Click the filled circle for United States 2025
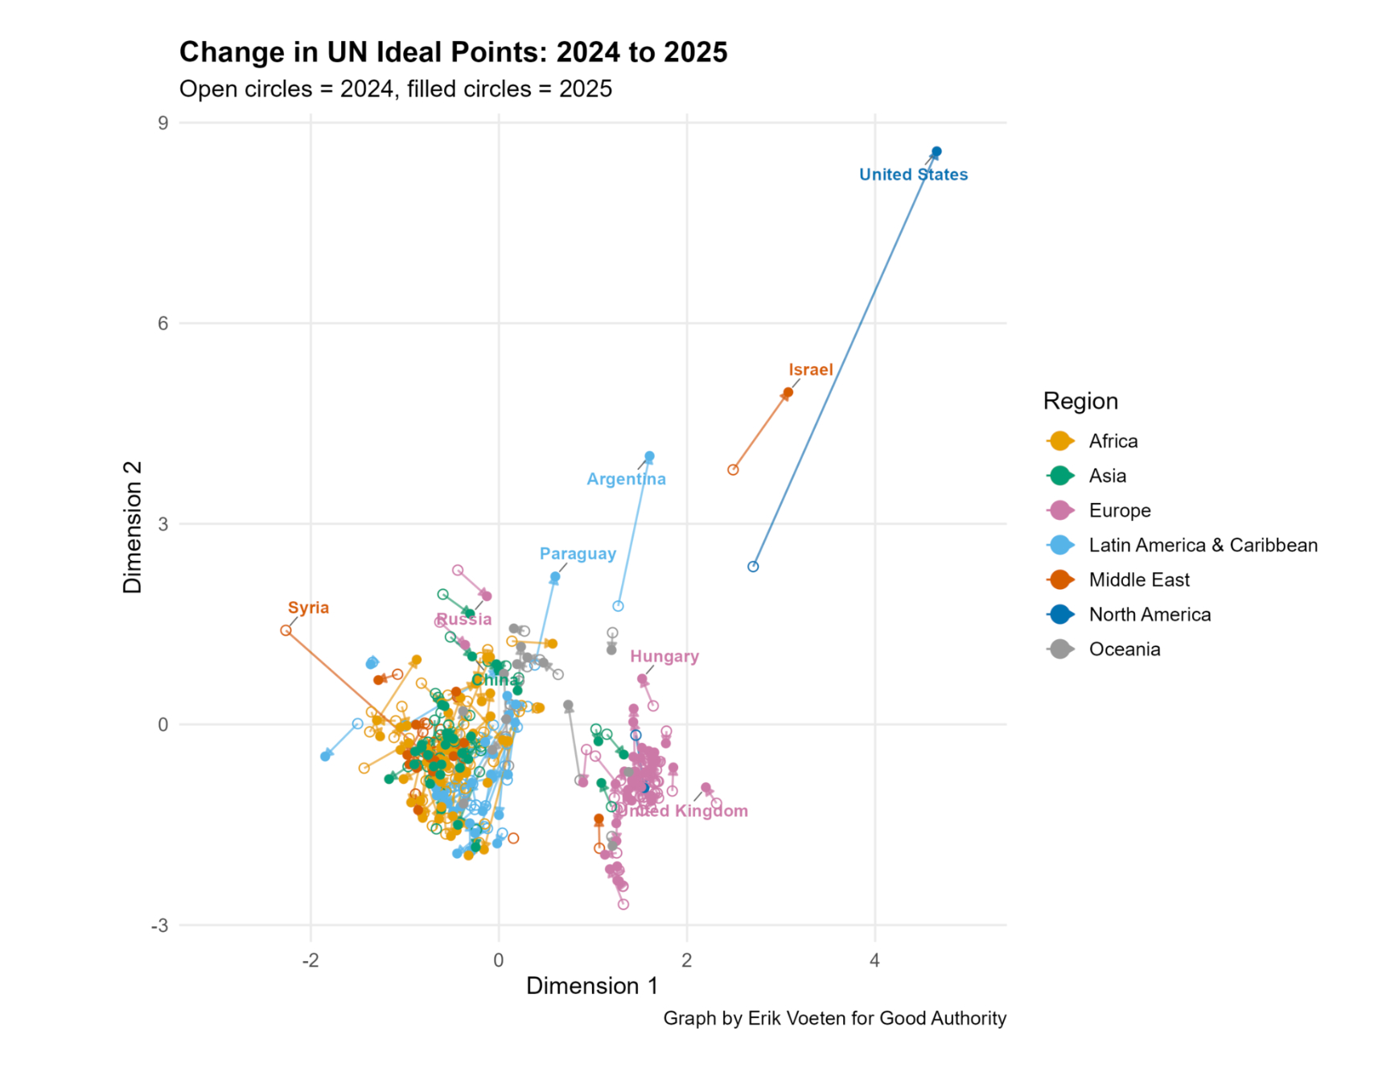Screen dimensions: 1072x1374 (936, 152)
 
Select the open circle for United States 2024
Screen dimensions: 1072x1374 (753, 567)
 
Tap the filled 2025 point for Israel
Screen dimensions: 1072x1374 (788, 393)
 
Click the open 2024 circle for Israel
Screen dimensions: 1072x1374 (733, 470)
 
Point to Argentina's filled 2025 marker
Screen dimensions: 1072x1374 (649, 456)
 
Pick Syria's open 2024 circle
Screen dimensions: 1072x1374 (286, 630)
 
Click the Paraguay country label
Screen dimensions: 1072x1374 (578, 554)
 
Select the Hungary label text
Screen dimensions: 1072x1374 (664, 657)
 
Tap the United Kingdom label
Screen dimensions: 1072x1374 (684, 811)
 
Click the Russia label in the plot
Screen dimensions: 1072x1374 (464, 620)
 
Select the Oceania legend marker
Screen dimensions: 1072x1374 (1061, 649)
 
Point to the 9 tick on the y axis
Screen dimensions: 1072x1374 (163, 123)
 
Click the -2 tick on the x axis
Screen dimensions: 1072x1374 (311, 960)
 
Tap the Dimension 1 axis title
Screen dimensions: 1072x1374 (592, 987)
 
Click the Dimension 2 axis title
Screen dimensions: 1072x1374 (132, 527)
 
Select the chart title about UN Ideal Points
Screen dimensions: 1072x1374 (453, 52)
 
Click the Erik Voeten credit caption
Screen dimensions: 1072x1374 (834, 1019)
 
